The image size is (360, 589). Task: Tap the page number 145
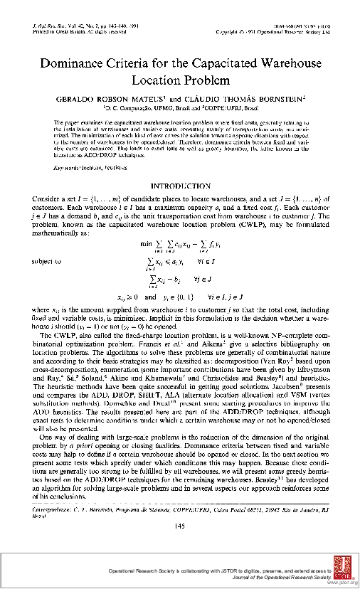[180, 526]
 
